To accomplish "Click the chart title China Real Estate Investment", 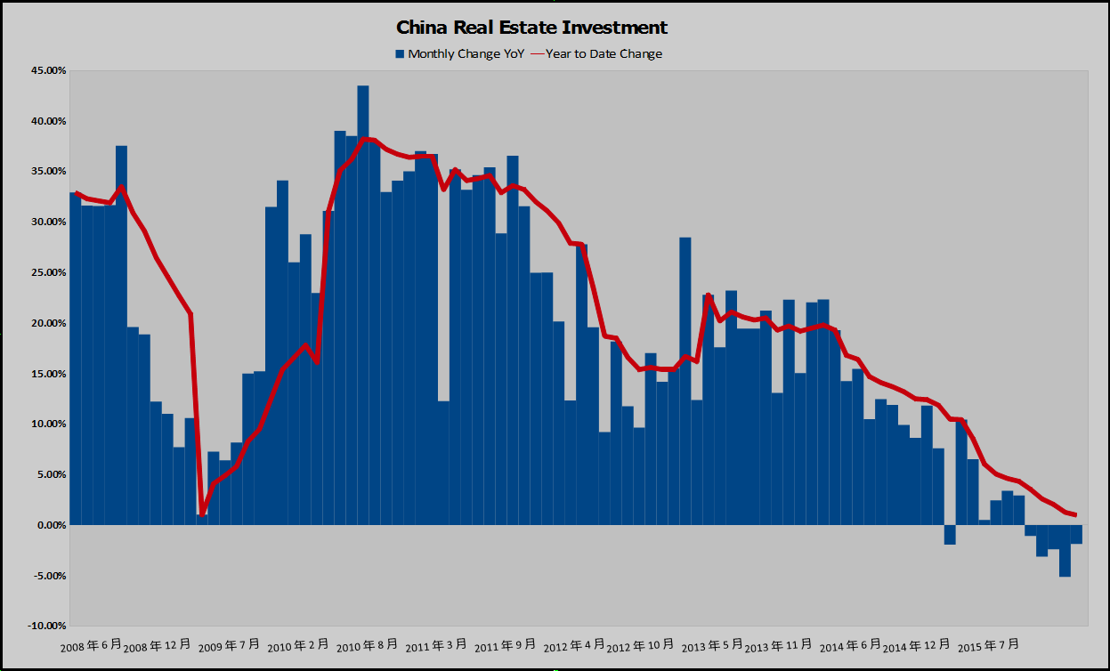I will point(531,28).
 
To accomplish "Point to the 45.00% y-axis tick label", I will point(42,70).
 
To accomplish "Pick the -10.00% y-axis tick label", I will point(40,627).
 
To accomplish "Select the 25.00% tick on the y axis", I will point(42,272).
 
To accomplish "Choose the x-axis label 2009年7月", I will point(228,644).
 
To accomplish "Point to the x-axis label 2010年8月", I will point(367,644).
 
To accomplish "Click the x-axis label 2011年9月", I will point(506,644).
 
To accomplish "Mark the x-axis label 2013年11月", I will point(778,644).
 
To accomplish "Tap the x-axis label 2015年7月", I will point(986,644).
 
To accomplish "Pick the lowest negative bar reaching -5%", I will point(1065,551).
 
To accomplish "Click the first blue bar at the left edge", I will point(75,356).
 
